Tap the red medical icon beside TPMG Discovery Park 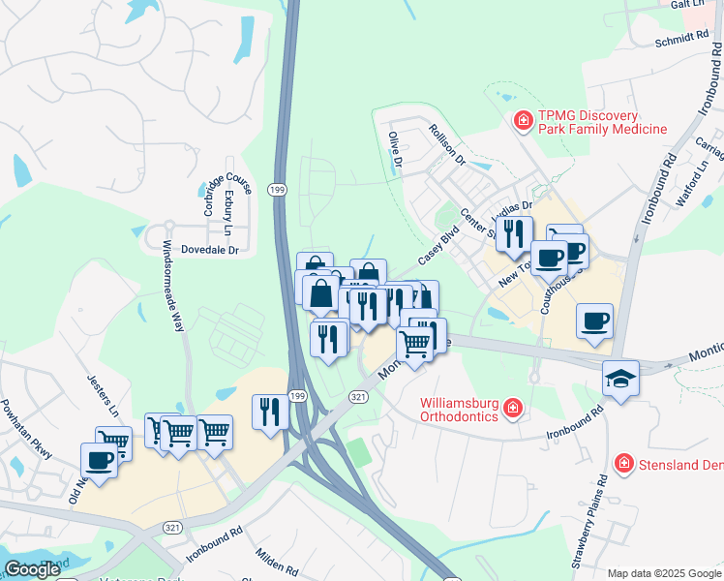[524, 121]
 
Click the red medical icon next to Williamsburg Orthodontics [513, 411]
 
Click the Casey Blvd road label [437, 247]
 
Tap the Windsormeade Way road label [172, 286]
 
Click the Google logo [32, 569]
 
